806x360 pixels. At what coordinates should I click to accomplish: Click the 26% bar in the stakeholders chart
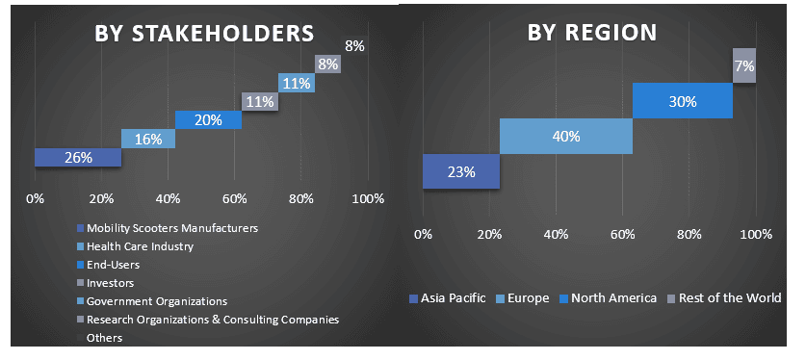[78, 157]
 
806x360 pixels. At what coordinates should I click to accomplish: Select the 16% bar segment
[148, 139]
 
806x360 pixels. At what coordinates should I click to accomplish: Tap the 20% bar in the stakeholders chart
[208, 119]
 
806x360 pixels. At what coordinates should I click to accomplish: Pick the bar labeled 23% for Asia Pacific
[461, 171]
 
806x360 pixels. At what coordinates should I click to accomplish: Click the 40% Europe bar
[565, 136]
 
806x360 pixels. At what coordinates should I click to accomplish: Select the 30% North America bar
[682, 100]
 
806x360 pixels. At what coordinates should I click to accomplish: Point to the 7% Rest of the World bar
[743, 65]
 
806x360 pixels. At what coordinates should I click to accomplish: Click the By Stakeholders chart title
[203, 32]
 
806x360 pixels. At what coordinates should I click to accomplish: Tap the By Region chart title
[591, 32]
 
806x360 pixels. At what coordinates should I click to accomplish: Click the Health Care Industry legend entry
[140, 246]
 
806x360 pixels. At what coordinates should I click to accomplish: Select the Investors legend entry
[110, 283]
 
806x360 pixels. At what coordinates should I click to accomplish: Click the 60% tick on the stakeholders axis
[234, 199]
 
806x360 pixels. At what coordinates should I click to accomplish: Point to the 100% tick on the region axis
[755, 235]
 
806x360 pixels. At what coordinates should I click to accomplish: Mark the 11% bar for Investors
[260, 101]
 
